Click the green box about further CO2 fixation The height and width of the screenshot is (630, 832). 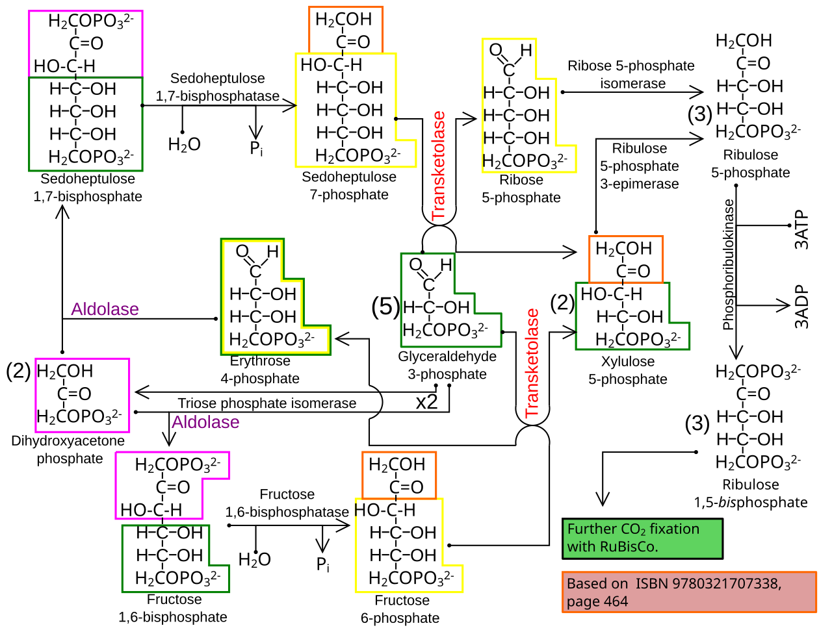point(642,538)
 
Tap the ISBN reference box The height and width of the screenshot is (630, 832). point(689,592)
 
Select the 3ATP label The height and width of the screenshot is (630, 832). point(801,230)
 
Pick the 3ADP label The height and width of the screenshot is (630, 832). point(801,307)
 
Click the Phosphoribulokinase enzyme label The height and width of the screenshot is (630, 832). point(728,264)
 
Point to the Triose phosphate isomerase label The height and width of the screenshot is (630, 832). point(267,403)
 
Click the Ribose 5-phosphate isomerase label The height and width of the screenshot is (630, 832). point(631,74)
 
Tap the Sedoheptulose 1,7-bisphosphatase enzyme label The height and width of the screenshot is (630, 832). point(218,87)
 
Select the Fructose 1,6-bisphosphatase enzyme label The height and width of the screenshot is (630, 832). point(287,503)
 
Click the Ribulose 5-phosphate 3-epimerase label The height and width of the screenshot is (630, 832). point(640,166)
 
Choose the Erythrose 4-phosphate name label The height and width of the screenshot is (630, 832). point(260,370)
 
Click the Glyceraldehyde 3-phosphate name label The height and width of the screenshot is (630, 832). point(447,365)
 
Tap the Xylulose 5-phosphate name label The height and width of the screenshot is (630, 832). point(628,370)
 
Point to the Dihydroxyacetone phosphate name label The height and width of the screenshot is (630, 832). point(68,449)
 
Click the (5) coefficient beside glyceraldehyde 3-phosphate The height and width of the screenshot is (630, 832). point(385,307)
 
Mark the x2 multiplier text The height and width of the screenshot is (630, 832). point(427,401)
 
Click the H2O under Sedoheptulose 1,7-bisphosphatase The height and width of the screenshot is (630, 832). point(184,145)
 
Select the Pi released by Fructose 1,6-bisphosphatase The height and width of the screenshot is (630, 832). point(323,564)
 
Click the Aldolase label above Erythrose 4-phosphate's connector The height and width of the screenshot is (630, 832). point(105,309)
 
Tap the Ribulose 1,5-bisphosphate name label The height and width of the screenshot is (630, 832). point(751,494)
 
